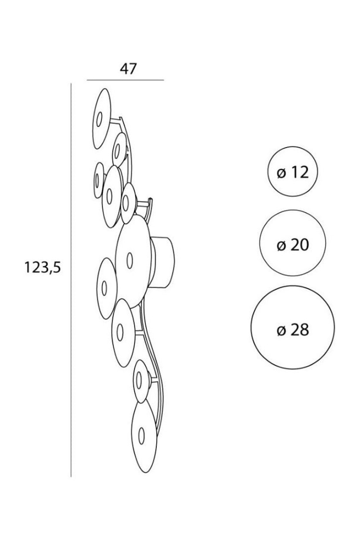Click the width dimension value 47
click(x=128, y=69)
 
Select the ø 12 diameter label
click(x=293, y=173)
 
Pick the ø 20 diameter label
click(x=293, y=245)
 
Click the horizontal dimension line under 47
click(x=126, y=80)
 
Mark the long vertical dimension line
click(x=71, y=280)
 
